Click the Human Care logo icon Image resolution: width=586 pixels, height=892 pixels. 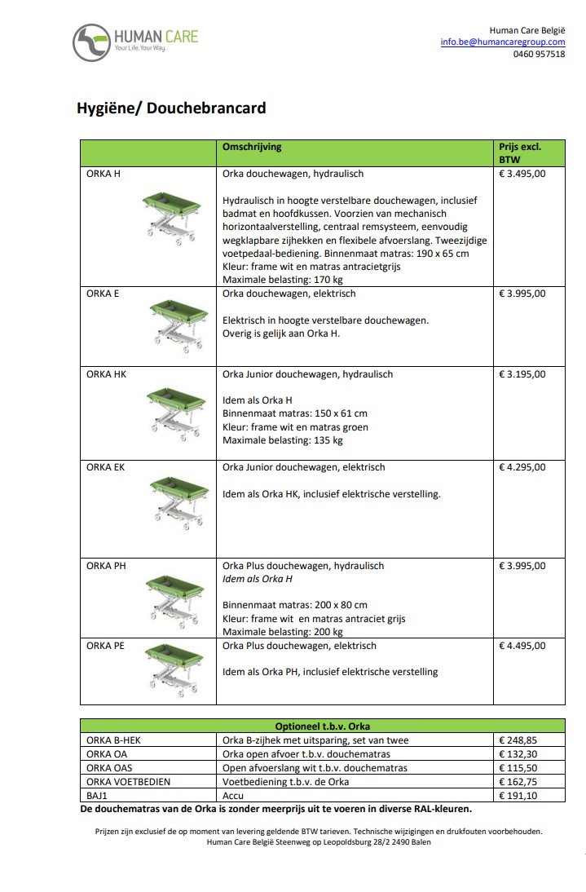click(91, 42)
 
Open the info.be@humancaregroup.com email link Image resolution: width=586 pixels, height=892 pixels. click(503, 42)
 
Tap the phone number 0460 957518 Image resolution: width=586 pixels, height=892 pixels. click(539, 55)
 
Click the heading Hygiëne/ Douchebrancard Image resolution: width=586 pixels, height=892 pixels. click(171, 108)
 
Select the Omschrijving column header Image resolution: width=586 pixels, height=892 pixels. click(252, 148)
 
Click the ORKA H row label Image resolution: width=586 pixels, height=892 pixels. click(104, 174)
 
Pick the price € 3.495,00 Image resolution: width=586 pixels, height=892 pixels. click(522, 174)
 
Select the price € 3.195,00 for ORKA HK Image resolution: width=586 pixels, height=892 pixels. click(522, 375)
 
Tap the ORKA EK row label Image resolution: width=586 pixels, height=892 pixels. click(105, 468)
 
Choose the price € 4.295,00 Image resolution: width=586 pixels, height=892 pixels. click(522, 468)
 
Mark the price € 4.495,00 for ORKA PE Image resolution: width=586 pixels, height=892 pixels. click(522, 646)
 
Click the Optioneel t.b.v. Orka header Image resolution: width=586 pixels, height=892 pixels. click(323, 726)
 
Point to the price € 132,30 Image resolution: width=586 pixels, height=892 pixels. click(519, 754)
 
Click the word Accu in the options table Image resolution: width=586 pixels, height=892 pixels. click(233, 795)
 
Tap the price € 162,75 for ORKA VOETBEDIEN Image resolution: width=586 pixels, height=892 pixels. click(519, 781)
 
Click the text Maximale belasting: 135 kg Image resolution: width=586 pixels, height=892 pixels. click(283, 441)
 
